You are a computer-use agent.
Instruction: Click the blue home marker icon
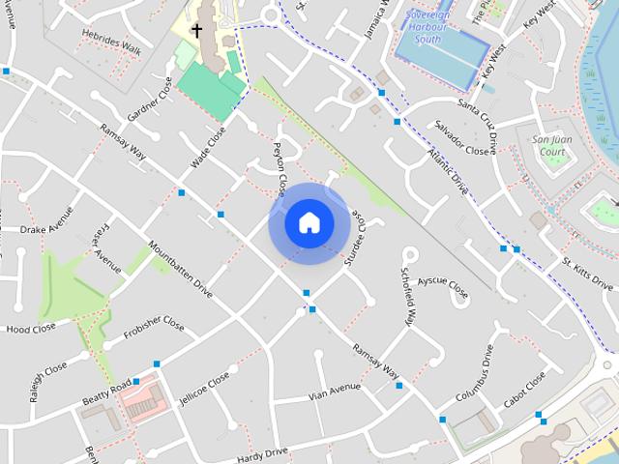309,223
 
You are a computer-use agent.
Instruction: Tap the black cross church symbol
196,31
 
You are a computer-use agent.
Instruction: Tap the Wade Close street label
208,147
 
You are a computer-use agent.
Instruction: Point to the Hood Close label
31,329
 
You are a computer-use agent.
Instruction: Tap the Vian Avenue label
334,391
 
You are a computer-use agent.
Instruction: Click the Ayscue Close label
443,287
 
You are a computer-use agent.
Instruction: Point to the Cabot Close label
524,390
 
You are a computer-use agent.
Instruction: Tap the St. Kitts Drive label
588,275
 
